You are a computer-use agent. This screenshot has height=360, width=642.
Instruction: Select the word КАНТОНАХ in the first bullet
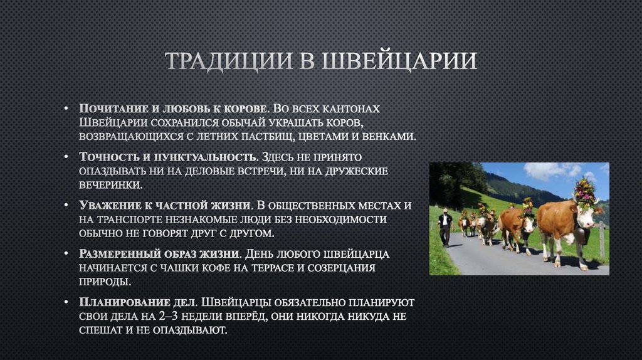[350, 108]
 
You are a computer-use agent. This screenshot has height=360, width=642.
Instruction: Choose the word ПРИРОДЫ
[105, 282]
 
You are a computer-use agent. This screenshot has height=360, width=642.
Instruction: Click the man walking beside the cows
[445, 226]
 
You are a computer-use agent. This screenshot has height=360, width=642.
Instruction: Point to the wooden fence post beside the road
[602, 239]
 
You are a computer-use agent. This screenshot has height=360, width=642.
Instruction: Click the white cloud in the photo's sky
[545, 170]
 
